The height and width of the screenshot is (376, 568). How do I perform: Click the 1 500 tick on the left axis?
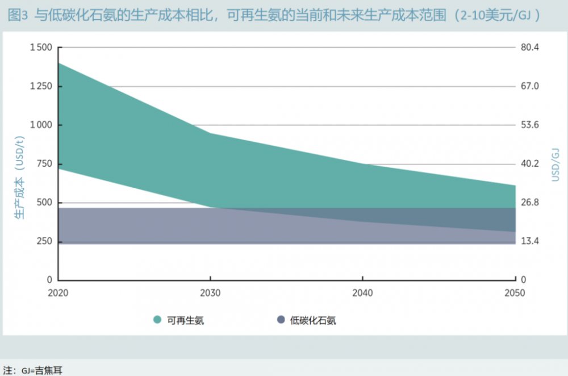coord(40,48)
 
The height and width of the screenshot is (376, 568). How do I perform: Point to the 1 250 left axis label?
coord(40,86)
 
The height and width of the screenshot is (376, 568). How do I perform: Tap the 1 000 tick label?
coord(40,125)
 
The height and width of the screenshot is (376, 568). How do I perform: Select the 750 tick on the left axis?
coord(45,164)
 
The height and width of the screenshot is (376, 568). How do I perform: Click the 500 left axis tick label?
coord(45,202)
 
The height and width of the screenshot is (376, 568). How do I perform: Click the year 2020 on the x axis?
coord(59,293)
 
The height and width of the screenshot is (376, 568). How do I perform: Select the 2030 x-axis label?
coord(211,293)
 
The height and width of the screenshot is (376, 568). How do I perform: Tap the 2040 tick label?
coord(362,293)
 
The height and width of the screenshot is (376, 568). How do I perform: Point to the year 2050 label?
coord(515,293)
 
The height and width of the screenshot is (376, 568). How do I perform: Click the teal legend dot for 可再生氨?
coord(157,320)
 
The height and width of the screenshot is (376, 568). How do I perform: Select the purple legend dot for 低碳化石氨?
coord(281,320)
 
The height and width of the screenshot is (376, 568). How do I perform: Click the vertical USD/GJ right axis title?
coord(556,164)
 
